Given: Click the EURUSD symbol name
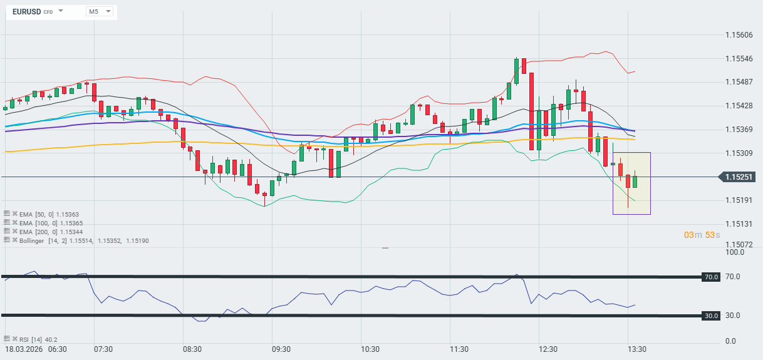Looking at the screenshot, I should (x=26, y=11).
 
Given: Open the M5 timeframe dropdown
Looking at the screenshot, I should (x=100, y=11).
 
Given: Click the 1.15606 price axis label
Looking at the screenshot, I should (x=739, y=35).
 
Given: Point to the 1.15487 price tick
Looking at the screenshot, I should (x=739, y=82).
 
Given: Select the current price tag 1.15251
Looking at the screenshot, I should (x=739, y=177).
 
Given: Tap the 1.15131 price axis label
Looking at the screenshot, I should (x=739, y=224).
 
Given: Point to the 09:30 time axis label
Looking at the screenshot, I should (x=281, y=349).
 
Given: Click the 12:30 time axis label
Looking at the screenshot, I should (x=549, y=349).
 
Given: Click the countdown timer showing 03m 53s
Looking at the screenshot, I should (x=702, y=235).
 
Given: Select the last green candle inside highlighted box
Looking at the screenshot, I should (x=635, y=182).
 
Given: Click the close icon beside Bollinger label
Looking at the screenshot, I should (x=15, y=240).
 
